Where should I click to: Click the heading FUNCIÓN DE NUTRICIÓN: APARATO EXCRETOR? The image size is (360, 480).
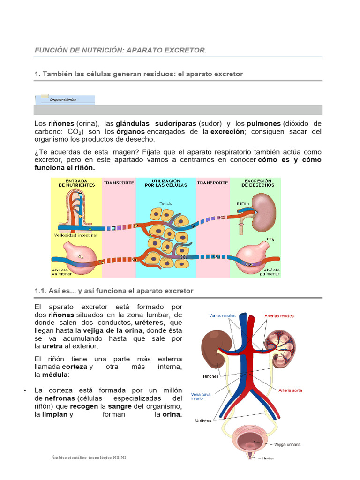tap(120, 50)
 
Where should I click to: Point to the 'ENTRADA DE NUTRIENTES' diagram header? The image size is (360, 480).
tap(76, 182)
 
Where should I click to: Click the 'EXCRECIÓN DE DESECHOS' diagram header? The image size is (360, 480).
tap(258, 182)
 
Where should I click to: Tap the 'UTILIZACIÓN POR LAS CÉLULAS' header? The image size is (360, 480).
tap(166, 183)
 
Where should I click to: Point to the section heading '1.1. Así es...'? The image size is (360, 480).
tap(114, 291)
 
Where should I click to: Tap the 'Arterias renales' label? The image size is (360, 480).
tap(279, 316)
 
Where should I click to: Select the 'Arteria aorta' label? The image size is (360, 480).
tap(290, 390)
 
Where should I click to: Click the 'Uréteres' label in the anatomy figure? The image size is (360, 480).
tap(204, 420)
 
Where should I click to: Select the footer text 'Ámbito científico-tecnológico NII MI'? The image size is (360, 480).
tap(89, 457)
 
